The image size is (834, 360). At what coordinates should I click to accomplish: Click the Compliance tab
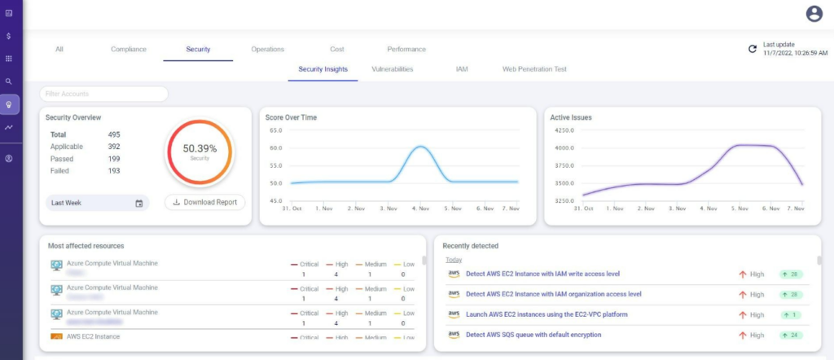(x=129, y=50)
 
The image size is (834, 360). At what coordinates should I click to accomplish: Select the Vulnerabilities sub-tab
(x=392, y=70)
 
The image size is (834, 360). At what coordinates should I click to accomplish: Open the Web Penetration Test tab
(x=534, y=70)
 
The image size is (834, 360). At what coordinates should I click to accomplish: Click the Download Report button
(x=205, y=202)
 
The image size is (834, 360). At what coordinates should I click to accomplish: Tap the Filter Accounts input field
(x=103, y=94)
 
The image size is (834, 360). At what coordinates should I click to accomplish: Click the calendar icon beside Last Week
(x=139, y=203)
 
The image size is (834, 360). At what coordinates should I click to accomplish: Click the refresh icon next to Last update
(x=753, y=50)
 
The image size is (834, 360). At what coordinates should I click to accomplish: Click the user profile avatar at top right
(x=813, y=13)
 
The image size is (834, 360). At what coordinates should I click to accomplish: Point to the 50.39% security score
(x=200, y=149)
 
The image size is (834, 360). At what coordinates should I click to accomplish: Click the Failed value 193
(x=114, y=171)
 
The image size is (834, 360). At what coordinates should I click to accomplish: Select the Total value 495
(x=114, y=134)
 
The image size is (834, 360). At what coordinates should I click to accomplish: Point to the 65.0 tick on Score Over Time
(x=274, y=130)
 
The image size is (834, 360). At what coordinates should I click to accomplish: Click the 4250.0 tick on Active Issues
(x=563, y=130)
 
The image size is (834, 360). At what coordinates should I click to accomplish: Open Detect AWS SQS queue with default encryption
(x=533, y=335)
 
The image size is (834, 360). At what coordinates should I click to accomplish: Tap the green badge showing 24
(x=791, y=335)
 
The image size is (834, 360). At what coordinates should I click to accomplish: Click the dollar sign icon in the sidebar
(x=8, y=37)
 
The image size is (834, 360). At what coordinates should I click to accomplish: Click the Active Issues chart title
(x=571, y=117)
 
